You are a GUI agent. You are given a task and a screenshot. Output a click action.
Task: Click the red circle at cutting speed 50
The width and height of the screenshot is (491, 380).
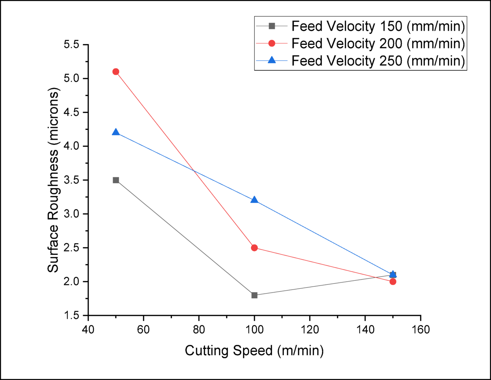click(x=116, y=72)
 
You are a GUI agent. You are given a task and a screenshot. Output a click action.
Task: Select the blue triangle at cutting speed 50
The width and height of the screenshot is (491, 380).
click(x=116, y=132)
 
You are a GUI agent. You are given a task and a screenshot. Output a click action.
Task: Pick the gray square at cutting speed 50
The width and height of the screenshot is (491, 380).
click(x=116, y=180)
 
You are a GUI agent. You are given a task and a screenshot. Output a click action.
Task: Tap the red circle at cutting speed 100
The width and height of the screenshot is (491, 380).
click(x=254, y=248)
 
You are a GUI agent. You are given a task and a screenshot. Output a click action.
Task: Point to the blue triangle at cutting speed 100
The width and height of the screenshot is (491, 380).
click(x=254, y=200)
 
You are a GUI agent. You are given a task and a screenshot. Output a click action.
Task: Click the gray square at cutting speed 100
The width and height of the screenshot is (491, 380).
click(x=254, y=295)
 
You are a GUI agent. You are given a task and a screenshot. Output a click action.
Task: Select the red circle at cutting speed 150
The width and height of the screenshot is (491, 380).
click(x=393, y=282)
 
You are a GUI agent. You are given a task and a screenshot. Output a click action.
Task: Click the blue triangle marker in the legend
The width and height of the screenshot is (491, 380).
click(x=272, y=60)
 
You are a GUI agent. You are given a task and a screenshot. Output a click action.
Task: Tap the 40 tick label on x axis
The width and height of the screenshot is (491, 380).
click(x=88, y=329)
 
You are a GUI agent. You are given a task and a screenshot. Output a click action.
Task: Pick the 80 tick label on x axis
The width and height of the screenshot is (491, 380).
click(x=199, y=329)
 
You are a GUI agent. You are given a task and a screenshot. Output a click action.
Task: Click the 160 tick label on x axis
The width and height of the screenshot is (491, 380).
click(x=421, y=329)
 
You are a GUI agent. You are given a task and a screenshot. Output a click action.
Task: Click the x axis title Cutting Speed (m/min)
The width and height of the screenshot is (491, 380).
click(x=254, y=350)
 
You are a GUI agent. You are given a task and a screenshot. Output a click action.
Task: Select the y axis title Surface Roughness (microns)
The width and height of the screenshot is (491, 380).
click(x=53, y=180)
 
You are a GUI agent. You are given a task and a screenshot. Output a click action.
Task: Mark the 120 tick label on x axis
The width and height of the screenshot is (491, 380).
click(x=309, y=329)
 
